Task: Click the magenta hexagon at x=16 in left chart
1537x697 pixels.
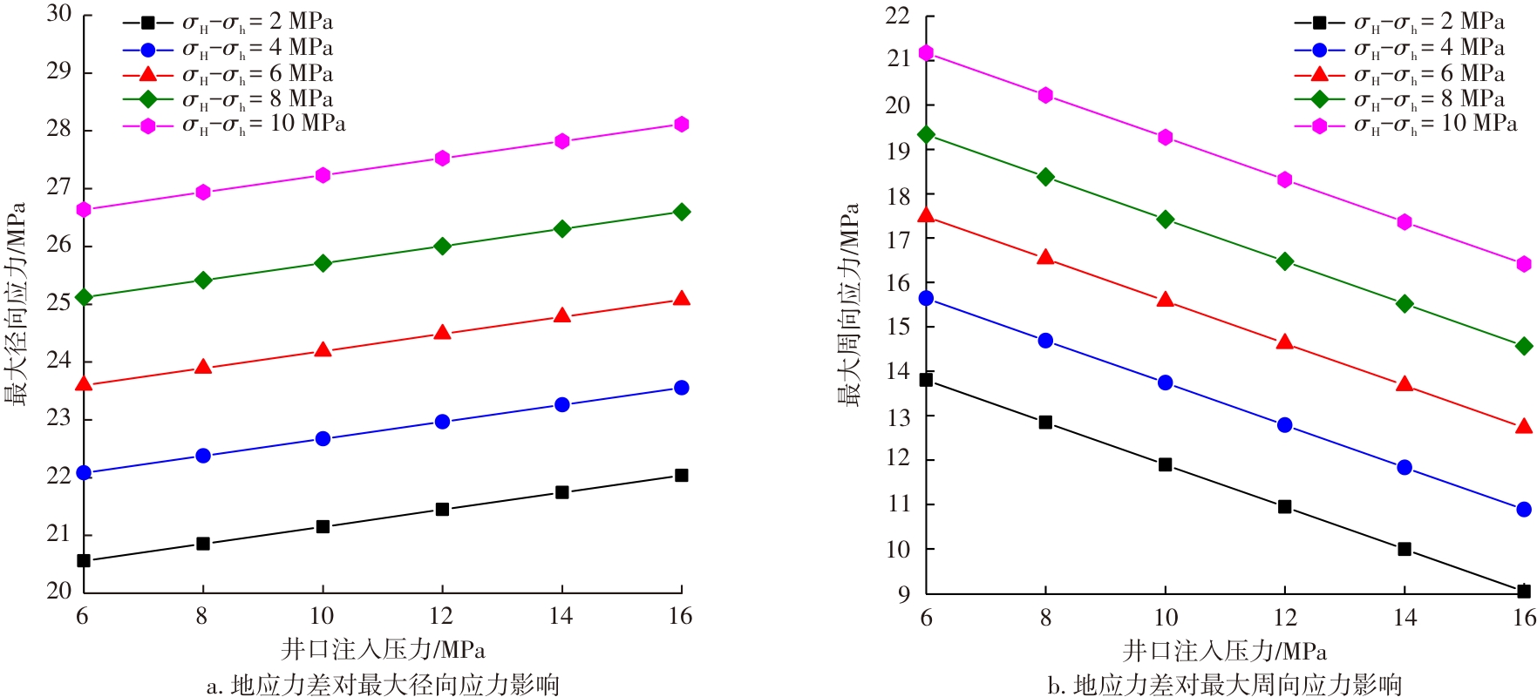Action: coord(682,125)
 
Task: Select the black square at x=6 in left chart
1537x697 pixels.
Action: coord(84,561)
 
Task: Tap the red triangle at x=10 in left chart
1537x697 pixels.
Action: coord(323,350)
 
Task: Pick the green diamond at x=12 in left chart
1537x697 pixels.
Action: coord(442,246)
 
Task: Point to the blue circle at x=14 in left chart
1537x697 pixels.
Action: coord(562,405)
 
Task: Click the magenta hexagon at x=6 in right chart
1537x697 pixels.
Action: coord(926,53)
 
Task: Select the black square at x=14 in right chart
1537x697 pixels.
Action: coord(1404,549)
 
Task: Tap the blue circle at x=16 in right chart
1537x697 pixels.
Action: coord(1524,510)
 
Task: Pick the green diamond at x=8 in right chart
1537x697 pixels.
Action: coord(1045,177)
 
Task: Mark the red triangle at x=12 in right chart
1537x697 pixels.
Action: coord(1285,342)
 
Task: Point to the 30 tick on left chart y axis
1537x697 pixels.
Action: coord(59,14)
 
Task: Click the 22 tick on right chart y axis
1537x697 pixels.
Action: coord(898,16)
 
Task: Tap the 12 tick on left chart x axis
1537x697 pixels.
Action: coord(442,617)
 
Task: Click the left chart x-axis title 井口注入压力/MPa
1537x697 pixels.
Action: coord(383,650)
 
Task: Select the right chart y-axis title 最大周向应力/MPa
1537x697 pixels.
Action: coord(850,305)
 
